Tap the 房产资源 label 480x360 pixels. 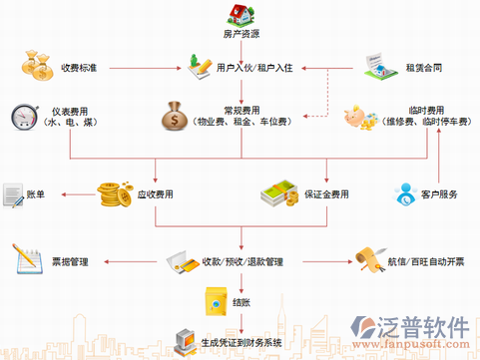coord(241,35)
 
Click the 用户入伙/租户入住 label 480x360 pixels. coord(253,67)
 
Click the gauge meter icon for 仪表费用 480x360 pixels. coord(23,116)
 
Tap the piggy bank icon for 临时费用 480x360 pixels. coord(358,117)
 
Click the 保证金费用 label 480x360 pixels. coord(327,192)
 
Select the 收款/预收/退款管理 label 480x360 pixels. coord(242,262)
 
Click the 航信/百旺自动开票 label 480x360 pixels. coord(427,263)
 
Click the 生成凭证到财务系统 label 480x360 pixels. coord(241,343)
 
